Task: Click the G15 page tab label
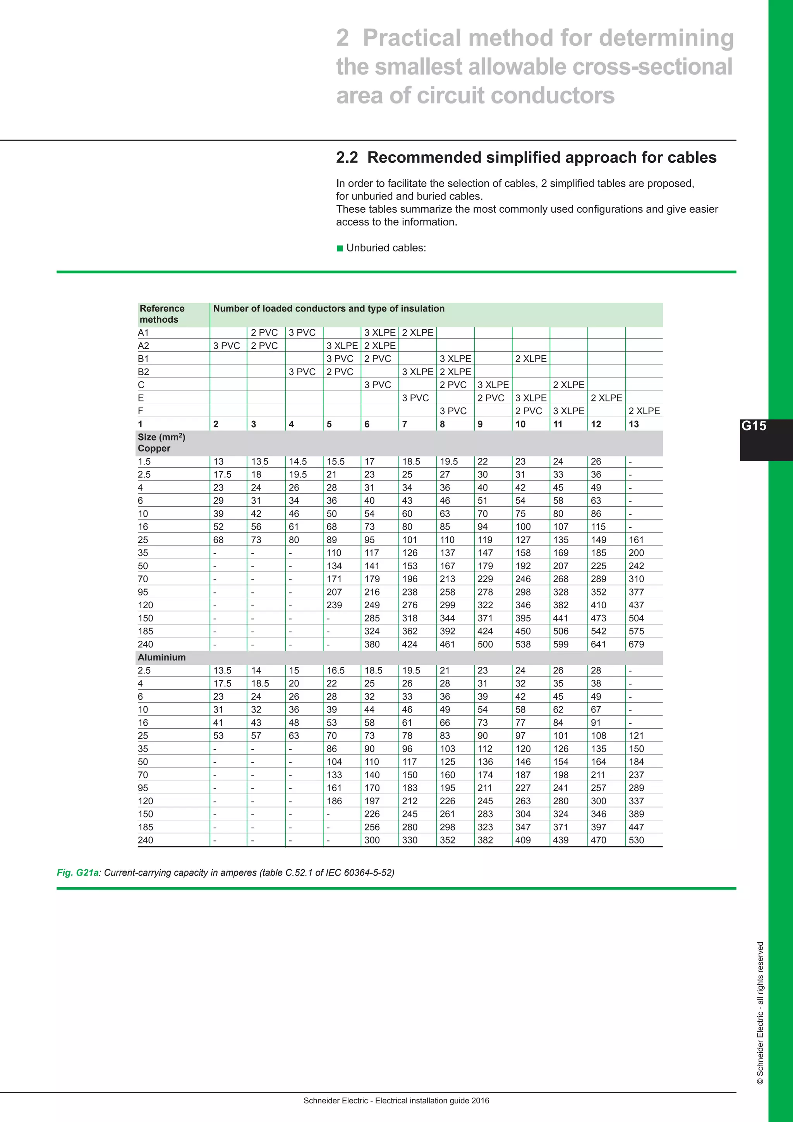coord(754,426)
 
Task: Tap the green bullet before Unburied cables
coord(340,248)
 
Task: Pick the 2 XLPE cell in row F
coord(644,411)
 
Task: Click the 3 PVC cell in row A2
coord(227,346)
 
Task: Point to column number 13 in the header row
coord(633,424)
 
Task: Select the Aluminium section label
coord(161,657)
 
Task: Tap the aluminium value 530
coord(636,840)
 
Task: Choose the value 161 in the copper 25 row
coord(636,540)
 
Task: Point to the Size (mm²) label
coord(161,437)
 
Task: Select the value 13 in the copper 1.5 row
coord(218,461)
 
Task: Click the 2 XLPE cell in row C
coord(568,385)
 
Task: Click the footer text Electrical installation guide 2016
coord(432,1101)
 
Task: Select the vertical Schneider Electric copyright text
coord(760,1014)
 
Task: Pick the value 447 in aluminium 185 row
coord(636,827)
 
